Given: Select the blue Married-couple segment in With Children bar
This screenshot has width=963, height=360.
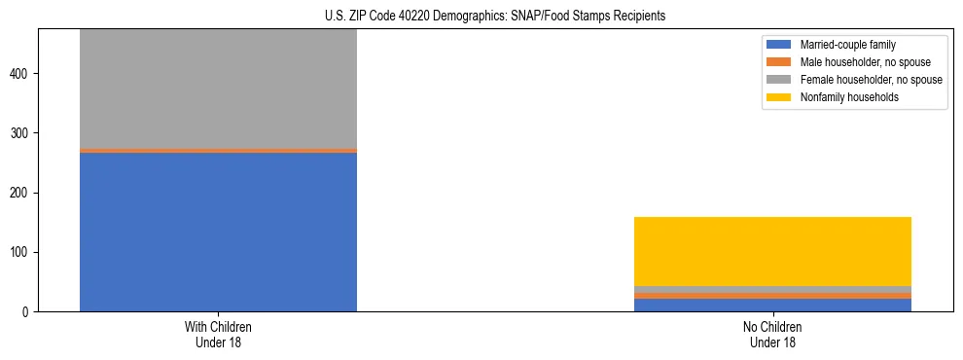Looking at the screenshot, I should tap(218, 232).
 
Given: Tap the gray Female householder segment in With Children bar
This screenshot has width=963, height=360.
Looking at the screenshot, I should tap(218, 89).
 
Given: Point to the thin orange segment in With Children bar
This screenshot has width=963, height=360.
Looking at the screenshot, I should tap(218, 151).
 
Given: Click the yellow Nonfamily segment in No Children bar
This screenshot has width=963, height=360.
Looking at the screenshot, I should tap(772, 251).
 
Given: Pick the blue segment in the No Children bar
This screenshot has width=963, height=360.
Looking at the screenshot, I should tap(772, 305).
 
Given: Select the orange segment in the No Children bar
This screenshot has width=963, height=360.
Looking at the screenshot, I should tap(772, 296).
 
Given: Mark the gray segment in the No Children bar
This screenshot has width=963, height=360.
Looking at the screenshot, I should tap(772, 289).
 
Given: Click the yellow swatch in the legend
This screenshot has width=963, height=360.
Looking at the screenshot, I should tap(779, 97).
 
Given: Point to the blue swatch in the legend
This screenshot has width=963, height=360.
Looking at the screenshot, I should tap(779, 45).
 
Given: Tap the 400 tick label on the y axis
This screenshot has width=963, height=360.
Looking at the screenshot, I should tap(23, 74).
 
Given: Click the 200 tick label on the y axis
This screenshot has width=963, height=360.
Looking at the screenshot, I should tap(23, 193).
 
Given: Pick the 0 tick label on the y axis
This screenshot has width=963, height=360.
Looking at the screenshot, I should tap(28, 312).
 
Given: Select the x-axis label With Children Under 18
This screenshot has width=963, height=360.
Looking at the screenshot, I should tap(218, 335).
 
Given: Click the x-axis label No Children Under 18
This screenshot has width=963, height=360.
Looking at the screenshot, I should tap(772, 335).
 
